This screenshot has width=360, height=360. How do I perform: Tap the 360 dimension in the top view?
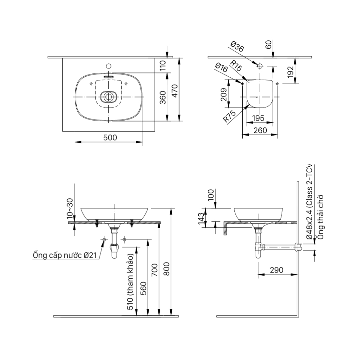(x=162, y=97)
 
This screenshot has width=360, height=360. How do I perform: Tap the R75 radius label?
(x=229, y=117)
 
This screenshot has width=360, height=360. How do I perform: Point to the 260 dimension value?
(x=260, y=130)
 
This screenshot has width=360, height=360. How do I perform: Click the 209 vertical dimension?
(x=223, y=95)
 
